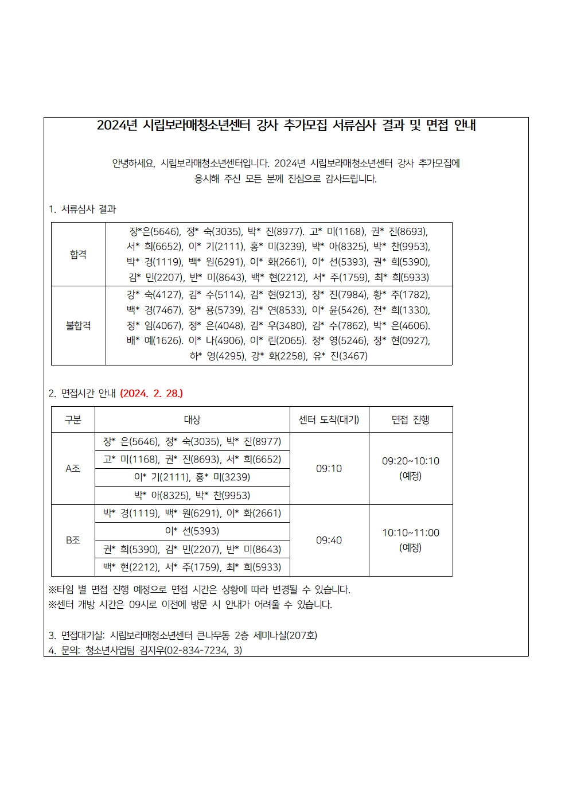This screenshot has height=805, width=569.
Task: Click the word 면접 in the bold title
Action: [437, 126]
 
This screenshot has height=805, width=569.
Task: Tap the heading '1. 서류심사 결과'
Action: [83, 209]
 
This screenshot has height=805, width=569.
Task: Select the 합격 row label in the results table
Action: [79, 254]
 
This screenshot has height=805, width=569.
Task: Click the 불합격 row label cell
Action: [79, 325]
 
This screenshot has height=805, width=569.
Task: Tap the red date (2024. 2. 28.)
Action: [151, 394]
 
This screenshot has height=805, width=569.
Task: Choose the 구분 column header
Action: [73, 420]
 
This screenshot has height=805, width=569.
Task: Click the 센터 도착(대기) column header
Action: [329, 420]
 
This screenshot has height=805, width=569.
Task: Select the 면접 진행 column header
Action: [410, 420]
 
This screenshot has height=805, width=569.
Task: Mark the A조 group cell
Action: [73, 469]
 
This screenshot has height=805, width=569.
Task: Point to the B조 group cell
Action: [73, 540]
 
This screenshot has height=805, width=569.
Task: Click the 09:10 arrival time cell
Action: [329, 469]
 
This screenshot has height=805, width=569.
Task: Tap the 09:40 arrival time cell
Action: [329, 540]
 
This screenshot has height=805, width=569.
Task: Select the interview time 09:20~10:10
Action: [410, 461]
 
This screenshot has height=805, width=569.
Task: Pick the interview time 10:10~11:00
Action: [410, 533]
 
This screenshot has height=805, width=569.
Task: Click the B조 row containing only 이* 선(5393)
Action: [192, 531]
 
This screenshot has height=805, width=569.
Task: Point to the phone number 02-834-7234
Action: [198, 651]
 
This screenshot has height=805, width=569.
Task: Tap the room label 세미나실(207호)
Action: [285, 636]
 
